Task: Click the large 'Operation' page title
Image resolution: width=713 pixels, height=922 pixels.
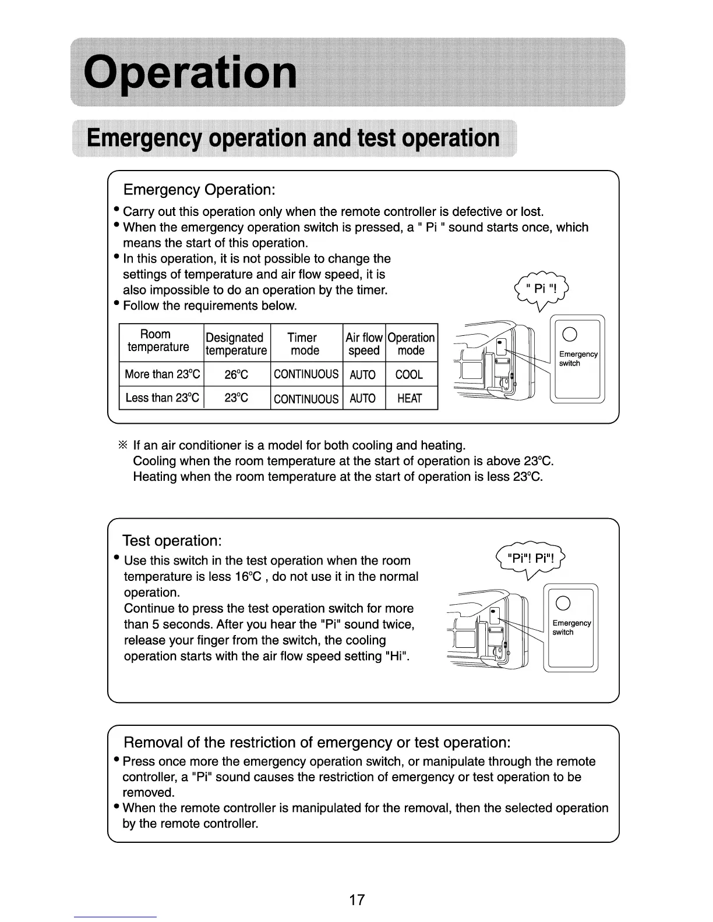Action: pos(190,73)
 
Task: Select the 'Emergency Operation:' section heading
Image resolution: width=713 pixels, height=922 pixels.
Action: pos(199,190)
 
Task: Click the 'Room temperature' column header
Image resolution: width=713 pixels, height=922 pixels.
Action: pos(158,341)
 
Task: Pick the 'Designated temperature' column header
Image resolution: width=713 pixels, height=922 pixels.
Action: pos(236,344)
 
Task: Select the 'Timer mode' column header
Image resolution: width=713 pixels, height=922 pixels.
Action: pos(304,344)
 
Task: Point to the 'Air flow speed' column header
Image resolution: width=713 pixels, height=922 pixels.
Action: pos(363,344)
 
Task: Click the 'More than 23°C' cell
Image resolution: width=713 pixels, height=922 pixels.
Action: pos(163,374)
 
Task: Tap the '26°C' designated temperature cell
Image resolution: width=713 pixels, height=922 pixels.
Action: pos(236,375)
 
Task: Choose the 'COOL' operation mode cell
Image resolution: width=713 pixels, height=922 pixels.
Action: pos(409,375)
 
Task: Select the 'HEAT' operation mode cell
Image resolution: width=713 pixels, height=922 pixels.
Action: pos(409,399)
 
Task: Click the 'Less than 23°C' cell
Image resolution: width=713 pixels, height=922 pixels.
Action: pos(163,398)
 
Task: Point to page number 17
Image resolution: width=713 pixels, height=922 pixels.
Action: pos(356,900)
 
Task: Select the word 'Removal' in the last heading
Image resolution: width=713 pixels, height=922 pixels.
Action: pos(153,743)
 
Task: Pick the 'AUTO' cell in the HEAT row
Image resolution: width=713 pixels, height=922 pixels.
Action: pos(362,399)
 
